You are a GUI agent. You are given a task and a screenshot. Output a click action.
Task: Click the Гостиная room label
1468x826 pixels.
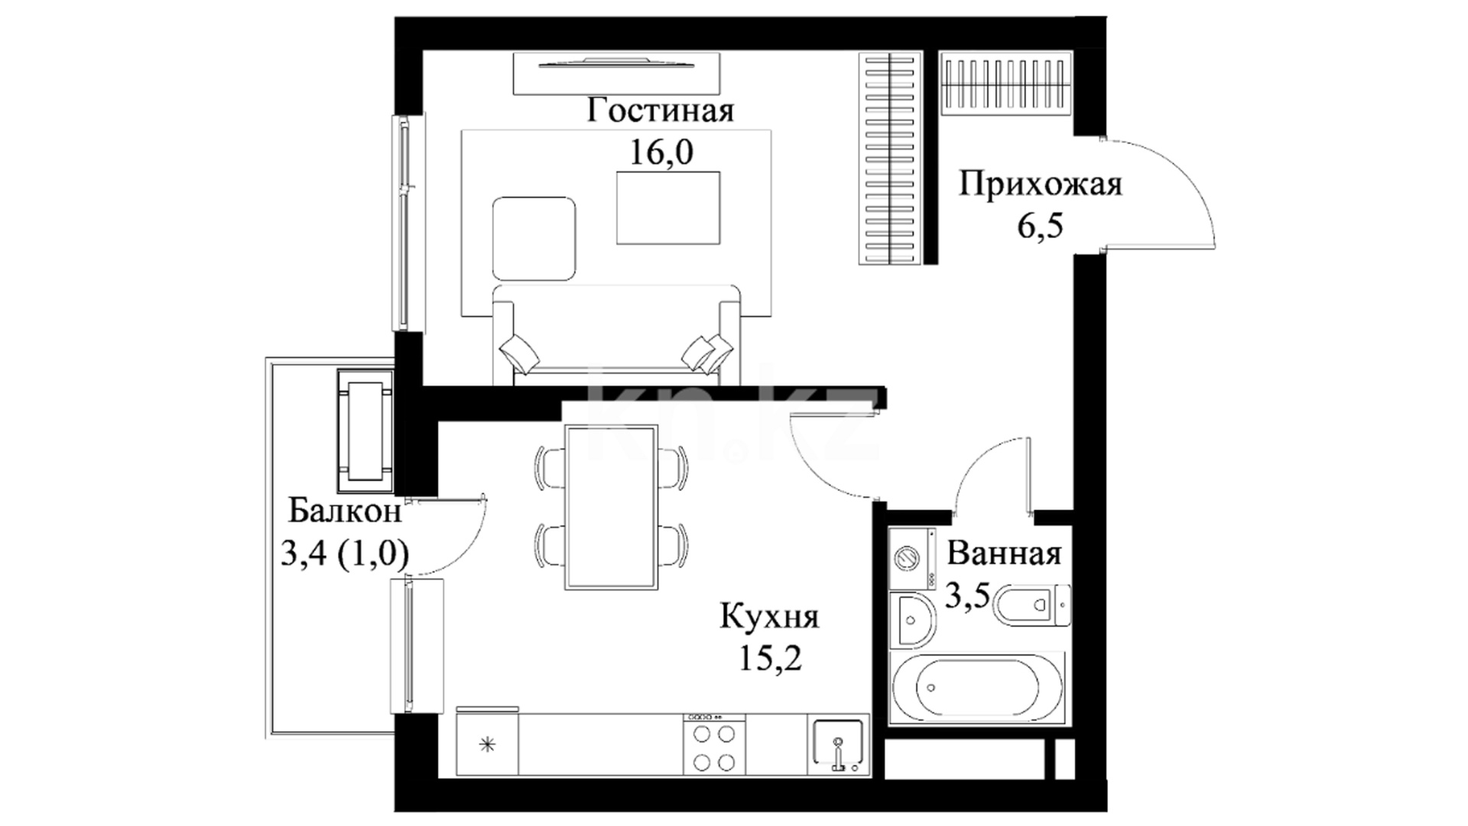pyautogui.click(x=661, y=111)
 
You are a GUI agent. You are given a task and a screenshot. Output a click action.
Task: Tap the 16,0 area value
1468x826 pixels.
pyautogui.click(x=661, y=152)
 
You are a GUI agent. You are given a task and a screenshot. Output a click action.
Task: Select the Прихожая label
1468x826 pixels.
pyautogui.click(x=1041, y=185)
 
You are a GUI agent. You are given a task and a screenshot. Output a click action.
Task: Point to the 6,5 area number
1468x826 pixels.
pyautogui.click(x=1040, y=226)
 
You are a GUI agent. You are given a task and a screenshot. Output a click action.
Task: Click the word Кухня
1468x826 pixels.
pyautogui.click(x=769, y=616)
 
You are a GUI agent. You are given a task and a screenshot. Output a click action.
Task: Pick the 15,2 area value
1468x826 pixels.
pyautogui.click(x=770, y=658)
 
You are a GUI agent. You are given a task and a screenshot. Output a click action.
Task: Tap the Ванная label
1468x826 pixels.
pyautogui.click(x=1005, y=554)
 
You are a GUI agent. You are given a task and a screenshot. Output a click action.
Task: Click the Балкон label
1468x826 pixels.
pyautogui.click(x=345, y=511)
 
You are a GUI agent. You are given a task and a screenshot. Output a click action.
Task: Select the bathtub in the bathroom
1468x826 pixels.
pyautogui.click(x=977, y=687)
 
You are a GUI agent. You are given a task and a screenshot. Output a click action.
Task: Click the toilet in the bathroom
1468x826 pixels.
pyautogui.click(x=1032, y=606)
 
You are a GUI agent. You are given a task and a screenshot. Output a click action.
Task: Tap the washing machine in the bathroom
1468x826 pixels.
pyautogui.click(x=912, y=558)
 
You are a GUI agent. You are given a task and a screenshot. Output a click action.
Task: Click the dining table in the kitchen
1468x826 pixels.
pyautogui.click(x=612, y=507)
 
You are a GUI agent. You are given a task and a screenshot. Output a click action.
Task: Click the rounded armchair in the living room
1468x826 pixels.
pyautogui.click(x=534, y=238)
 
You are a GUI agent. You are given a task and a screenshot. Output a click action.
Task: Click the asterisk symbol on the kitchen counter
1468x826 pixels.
pyautogui.click(x=487, y=744)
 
